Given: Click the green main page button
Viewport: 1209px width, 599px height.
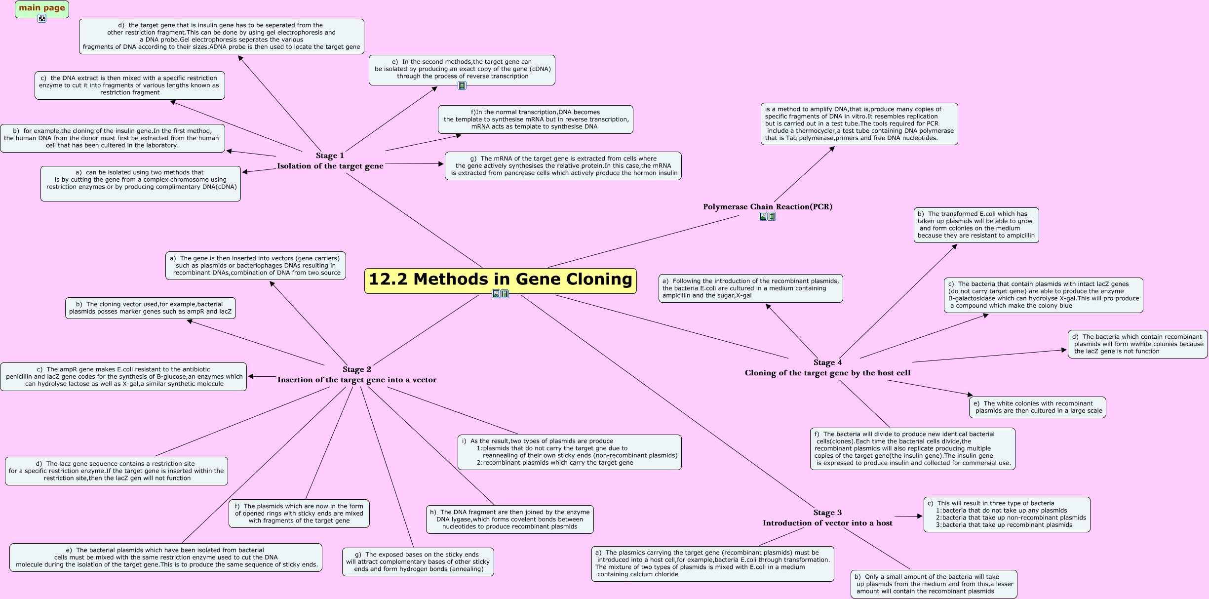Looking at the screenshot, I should tap(42, 8).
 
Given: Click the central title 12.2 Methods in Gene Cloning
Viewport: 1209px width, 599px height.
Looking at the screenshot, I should tap(500, 280).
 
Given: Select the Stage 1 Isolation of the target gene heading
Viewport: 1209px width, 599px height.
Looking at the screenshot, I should tap(330, 161).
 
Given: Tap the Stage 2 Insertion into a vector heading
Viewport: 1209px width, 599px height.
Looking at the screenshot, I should tap(356, 375).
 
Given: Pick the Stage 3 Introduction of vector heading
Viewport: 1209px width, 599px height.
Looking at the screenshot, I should tap(827, 518).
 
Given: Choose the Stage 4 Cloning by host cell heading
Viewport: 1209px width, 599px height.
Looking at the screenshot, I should tap(827, 368).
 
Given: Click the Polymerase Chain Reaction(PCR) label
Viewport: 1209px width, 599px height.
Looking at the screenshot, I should tap(768, 207).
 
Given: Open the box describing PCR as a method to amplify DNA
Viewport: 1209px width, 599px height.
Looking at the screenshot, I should tap(859, 124).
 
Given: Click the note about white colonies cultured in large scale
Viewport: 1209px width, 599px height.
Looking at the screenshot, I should tap(1037, 407).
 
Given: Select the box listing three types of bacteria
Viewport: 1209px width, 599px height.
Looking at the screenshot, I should tap(1007, 515).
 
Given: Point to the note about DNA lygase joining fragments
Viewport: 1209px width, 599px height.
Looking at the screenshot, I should tap(509, 519).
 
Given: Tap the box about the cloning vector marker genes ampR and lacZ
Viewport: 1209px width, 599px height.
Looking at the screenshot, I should tap(150, 308).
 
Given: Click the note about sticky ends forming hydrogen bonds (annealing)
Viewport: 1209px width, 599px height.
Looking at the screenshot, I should tap(418, 562).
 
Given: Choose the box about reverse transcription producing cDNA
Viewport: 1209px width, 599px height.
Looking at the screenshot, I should tap(462, 69).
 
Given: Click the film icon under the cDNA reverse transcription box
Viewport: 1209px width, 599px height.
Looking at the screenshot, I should tap(462, 85).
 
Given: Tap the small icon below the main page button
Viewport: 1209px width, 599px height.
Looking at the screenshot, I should tap(42, 18).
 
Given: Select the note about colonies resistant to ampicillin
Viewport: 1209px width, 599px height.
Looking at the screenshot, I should tap(976, 225).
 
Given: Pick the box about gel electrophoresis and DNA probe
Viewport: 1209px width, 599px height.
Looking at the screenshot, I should tap(221, 37).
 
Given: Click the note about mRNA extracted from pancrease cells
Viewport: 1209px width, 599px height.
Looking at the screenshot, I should tap(563, 166).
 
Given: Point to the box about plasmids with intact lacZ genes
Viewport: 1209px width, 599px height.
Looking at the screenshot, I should tap(1043, 295).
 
